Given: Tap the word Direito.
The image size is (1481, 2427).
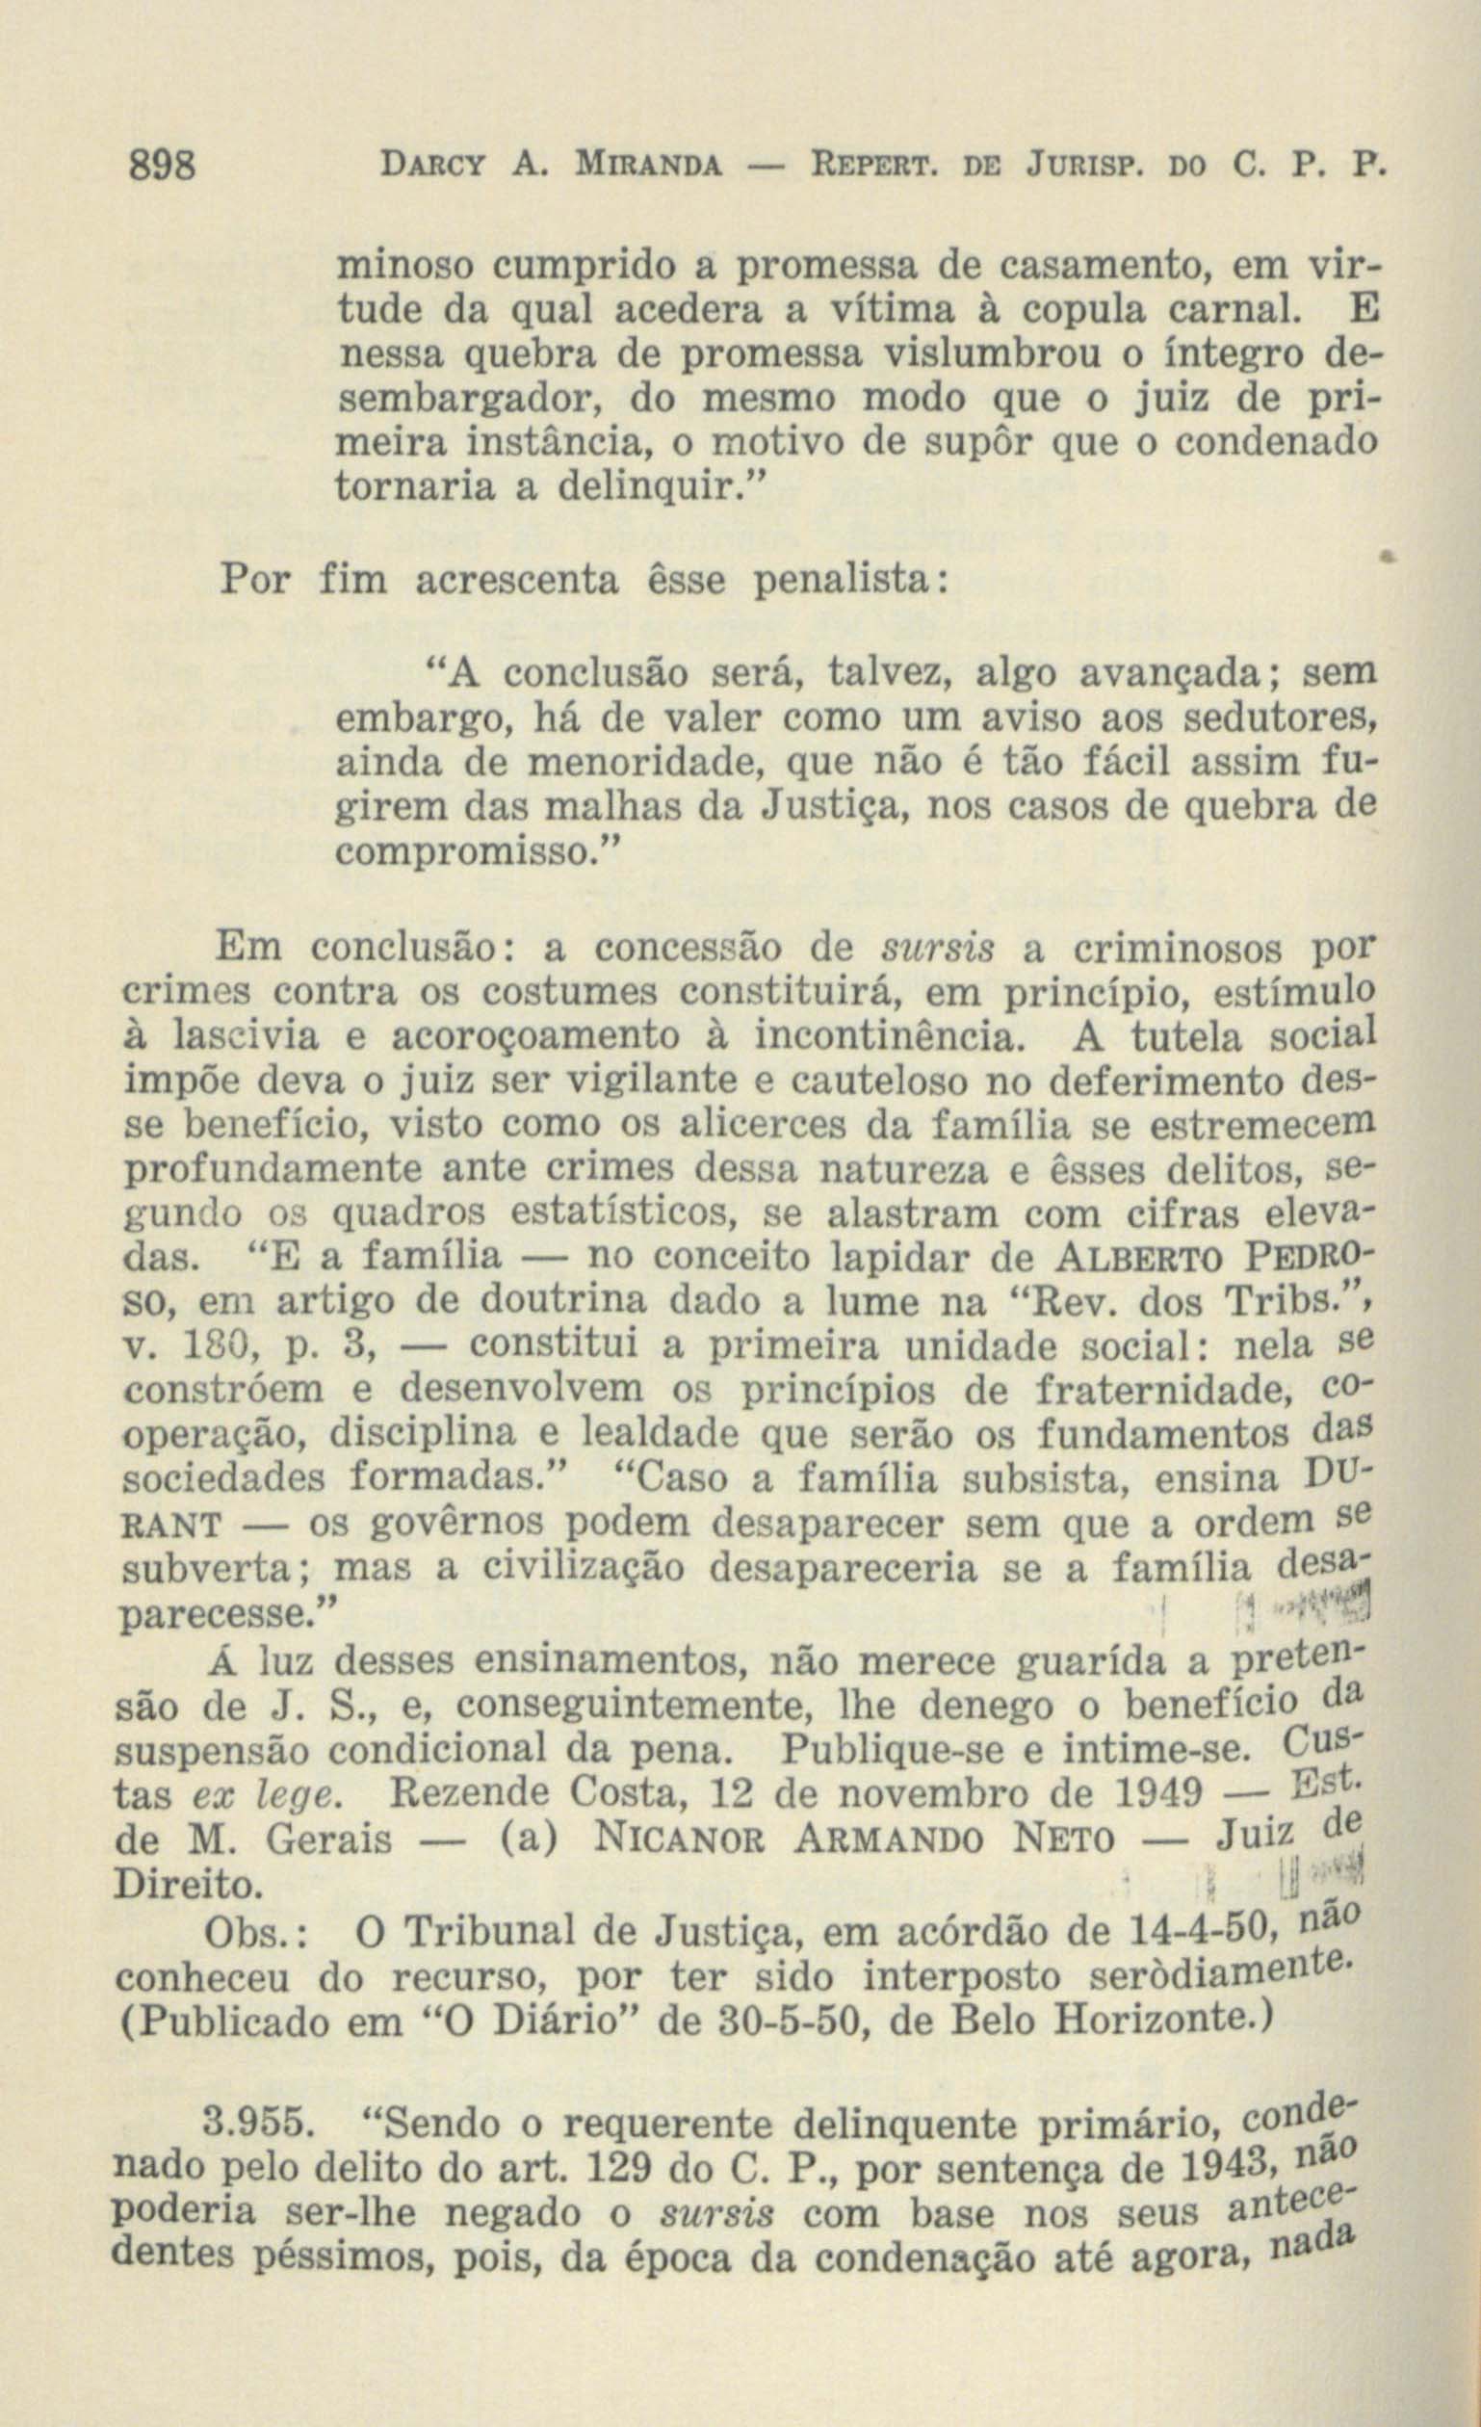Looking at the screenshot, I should point(188,1882).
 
